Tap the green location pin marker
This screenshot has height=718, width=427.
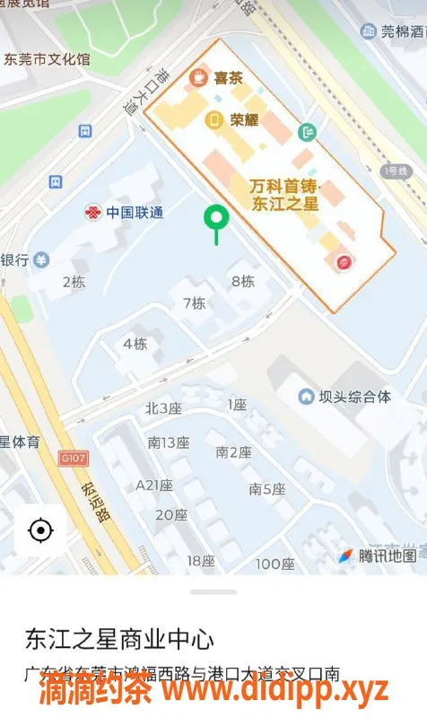point(216,218)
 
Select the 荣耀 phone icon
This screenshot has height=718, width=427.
point(214,119)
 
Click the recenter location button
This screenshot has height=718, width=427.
point(40,530)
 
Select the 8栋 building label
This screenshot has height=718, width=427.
point(242,281)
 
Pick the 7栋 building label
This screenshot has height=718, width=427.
point(194,303)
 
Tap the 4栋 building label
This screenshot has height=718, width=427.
point(135,344)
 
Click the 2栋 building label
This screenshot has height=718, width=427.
point(74,282)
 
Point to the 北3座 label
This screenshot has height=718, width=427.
point(163,408)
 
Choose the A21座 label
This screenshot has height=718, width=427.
point(153,485)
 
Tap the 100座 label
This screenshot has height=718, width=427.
point(274,564)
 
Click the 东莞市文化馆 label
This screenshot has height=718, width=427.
point(47,60)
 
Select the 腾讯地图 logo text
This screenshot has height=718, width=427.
point(387,556)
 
